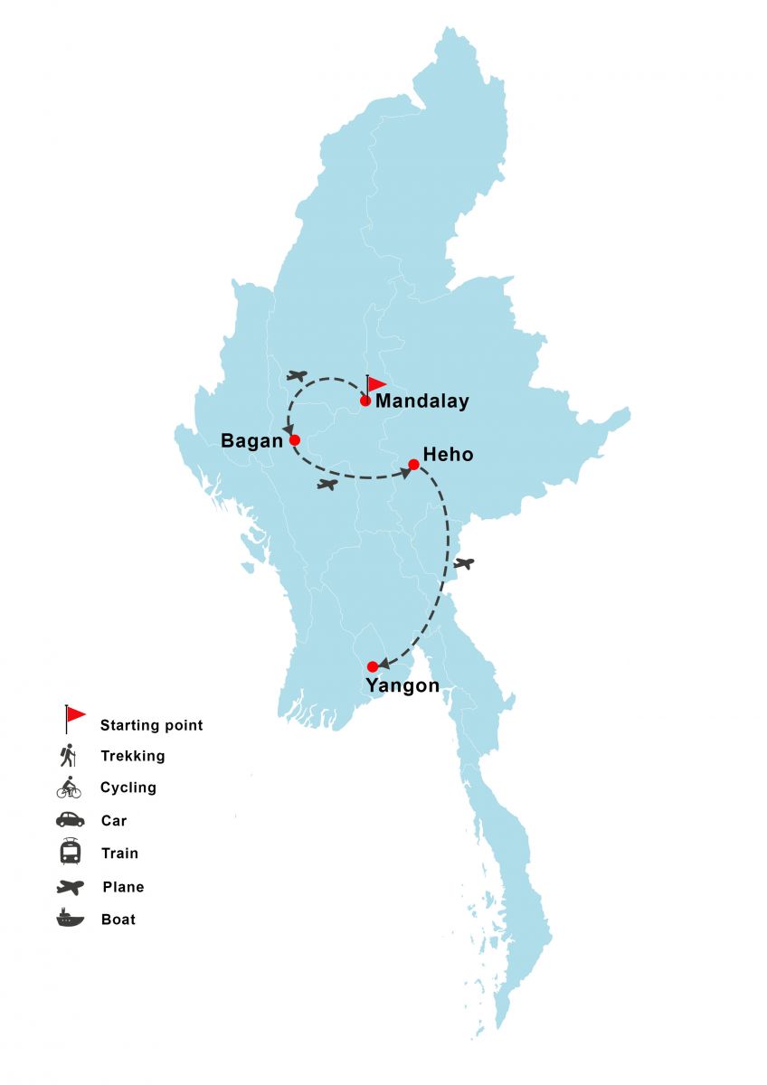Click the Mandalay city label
421,401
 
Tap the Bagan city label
251,440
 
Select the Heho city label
448,454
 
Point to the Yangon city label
402,685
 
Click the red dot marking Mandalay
365,401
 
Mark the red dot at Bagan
294,440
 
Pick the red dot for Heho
413,465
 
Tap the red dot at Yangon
373,666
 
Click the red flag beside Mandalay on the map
376,384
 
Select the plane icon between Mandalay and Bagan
297,375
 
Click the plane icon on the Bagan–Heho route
327,485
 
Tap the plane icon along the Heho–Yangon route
464,563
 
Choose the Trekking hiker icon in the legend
68,755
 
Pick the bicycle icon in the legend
69,788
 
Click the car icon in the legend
70,820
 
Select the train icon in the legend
70,852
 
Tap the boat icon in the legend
70,918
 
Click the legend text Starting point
151,725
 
